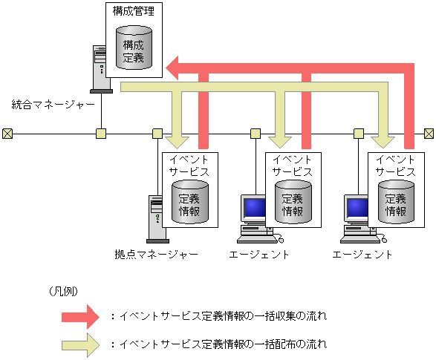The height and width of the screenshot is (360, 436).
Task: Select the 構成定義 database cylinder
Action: [134, 46]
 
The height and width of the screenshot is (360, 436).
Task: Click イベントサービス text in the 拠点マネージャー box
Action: [189, 165]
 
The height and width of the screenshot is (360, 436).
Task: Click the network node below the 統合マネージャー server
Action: [101, 134]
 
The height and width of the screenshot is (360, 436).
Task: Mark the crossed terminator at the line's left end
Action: [7, 134]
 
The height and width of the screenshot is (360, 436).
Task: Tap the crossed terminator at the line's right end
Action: [429, 134]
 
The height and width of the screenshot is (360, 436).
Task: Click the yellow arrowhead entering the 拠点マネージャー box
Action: [178, 140]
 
